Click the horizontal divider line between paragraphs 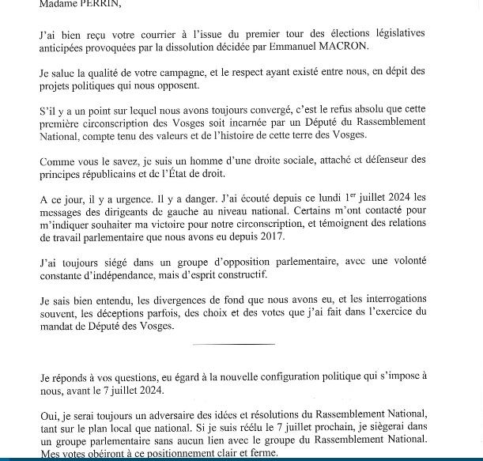(x=234, y=344)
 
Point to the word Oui (x=50, y=415)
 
